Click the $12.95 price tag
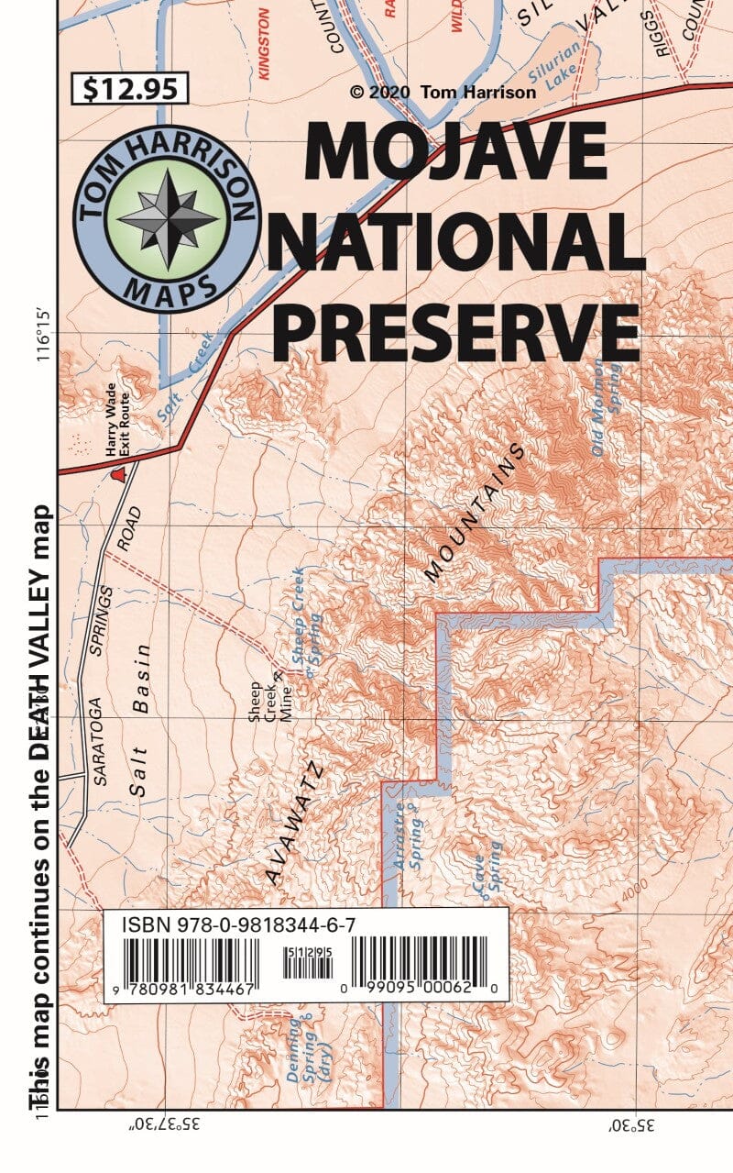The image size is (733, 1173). [x=128, y=90]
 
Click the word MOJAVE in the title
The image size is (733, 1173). [x=454, y=152]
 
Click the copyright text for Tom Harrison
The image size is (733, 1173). [x=443, y=92]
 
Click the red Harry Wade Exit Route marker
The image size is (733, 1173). [x=116, y=476]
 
